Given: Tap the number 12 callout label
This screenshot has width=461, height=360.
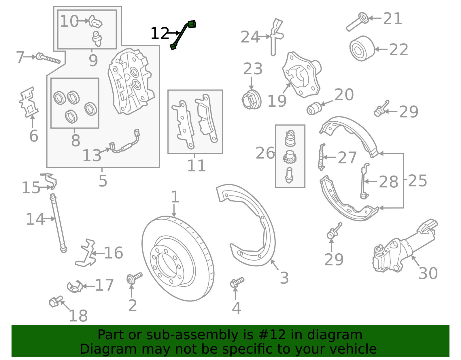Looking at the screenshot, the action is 160,33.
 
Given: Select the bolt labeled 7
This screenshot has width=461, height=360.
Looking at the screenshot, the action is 48,58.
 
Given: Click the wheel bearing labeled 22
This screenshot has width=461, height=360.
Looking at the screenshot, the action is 362,49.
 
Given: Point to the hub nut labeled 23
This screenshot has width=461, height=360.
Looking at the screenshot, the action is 252,99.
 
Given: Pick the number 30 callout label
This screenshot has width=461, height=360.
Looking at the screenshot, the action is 428,274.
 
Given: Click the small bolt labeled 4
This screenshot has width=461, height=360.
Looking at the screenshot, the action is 237,282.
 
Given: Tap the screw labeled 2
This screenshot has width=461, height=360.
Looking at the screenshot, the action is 134,278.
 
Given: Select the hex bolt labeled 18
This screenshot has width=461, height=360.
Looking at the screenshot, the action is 56,301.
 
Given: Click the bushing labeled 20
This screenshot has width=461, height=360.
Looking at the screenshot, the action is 314,108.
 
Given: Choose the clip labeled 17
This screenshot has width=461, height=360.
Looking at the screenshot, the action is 75,287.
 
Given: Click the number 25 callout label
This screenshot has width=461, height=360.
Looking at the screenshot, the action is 417,181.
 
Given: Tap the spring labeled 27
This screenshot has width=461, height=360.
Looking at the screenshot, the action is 322,157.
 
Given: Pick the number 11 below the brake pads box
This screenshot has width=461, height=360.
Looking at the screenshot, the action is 197,166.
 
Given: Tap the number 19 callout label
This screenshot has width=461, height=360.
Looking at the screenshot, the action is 277,101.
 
